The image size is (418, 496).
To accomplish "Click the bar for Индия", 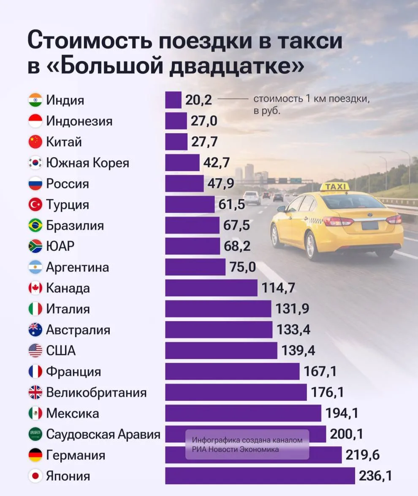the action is (x=173, y=100).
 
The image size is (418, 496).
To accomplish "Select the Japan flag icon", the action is (x=35, y=476).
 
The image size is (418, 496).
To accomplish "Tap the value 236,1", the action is (x=375, y=476).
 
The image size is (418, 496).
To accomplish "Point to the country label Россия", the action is (x=68, y=184).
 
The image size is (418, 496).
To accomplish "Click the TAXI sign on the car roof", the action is (x=335, y=187).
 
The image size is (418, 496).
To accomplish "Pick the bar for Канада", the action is (x=211, y=288).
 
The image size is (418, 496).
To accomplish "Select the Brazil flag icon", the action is (x=35, y=225).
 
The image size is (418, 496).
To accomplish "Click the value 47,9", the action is (x=221, y=183).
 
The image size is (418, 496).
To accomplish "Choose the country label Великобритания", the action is (x=96, y=393).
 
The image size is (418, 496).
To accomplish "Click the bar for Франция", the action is (x=232, y=371).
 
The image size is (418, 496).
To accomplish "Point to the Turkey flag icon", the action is (x=35, y=205).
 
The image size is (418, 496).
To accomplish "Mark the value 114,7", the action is (x=278, y=288).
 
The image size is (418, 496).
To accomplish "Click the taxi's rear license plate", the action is (x=370, y=225).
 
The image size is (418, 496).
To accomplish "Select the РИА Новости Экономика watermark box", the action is (x=247, y=445).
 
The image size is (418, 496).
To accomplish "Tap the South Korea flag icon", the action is (x=35, y=163).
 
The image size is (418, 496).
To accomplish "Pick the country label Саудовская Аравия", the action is (x=103, y=434).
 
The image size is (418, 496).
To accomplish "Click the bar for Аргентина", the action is (x=195, y=267).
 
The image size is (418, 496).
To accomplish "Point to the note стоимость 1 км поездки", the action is (x=312, y=99).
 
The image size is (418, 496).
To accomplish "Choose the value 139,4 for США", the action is (x=298, y=351).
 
